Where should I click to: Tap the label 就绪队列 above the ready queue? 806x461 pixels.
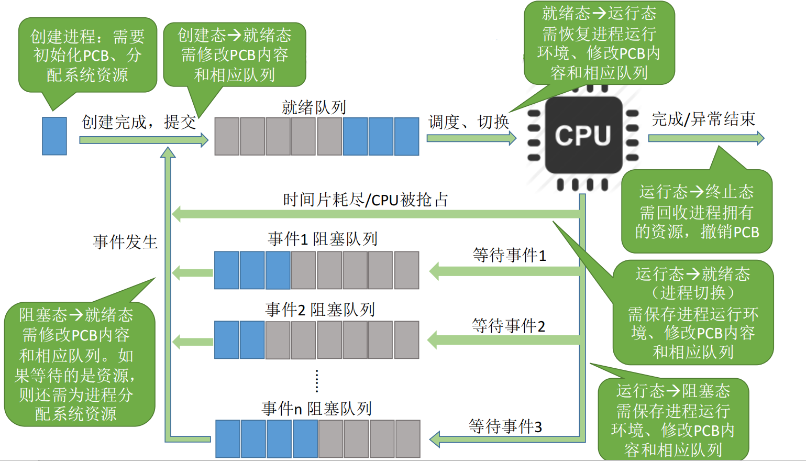(314, 107)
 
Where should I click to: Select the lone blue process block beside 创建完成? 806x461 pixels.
(54, 136)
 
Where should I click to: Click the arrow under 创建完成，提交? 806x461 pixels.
(143, 140)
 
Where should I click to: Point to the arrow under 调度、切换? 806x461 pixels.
(471, 138)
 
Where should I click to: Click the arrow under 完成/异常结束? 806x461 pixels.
(706, 138)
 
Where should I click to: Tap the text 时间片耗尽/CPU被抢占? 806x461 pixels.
(365, 200)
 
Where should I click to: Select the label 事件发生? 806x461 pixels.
(125, 242)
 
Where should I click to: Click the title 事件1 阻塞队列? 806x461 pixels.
(323, 239)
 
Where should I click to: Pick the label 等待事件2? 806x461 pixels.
(509, 326)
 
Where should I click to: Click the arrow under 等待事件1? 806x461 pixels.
(505, 271)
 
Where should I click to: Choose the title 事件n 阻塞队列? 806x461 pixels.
(317, 409)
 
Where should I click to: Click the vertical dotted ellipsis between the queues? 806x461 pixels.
(317, 381)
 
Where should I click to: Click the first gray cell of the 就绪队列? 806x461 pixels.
(227, 136)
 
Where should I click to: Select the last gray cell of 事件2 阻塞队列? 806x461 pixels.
(406, 339)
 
